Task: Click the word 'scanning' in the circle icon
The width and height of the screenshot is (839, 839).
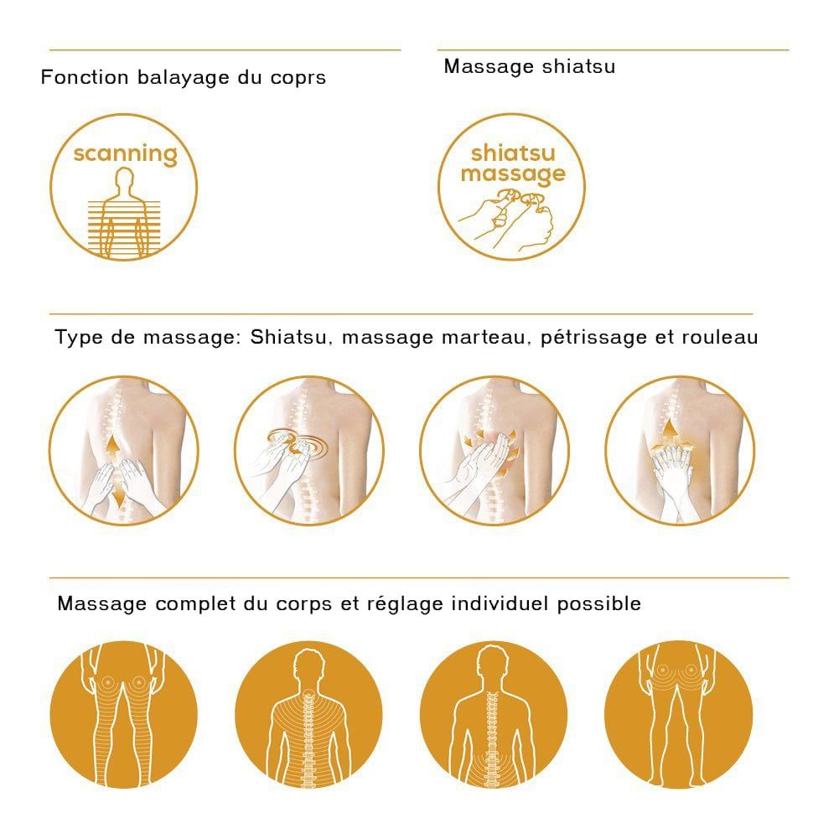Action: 125,154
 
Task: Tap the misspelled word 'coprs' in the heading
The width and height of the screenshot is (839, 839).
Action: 298,78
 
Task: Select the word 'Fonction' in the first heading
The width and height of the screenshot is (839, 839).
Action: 85,77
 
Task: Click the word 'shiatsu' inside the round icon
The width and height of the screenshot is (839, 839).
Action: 513,153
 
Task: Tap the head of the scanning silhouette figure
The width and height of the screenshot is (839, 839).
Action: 124,179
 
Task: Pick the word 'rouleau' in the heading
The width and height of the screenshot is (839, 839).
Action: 720,338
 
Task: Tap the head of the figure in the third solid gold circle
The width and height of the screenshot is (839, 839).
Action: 492,662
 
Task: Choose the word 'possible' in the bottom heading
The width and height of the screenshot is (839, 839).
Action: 599,604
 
